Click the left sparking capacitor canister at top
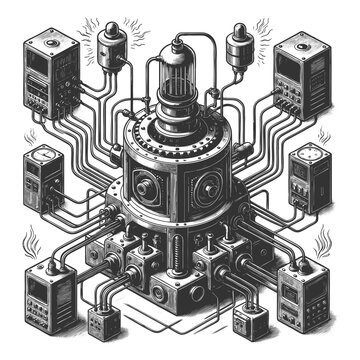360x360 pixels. [113, 46]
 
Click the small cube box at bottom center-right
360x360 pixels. [253, 322]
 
